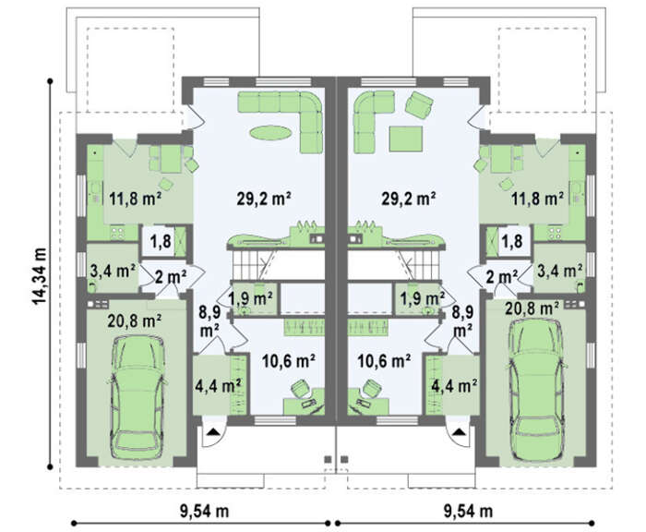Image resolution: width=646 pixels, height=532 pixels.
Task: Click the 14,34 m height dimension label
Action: [x=40, y=276]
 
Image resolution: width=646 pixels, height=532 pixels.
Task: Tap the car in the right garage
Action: [x=535, y=390]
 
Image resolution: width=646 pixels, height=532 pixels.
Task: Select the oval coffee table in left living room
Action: [x=271, y=133]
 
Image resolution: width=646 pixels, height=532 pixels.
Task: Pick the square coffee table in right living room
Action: [x=406, y=139]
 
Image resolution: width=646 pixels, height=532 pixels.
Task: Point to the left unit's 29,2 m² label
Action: [x=264, y=199]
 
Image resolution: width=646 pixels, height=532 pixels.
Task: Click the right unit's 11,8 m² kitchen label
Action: [x=538, y=199]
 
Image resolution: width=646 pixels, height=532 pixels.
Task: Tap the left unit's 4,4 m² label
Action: [x=218, y=386]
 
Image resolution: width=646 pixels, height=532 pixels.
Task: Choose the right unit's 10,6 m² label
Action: [x=384, y=361]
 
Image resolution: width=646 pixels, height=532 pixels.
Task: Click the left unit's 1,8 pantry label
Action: [x=161, y=241]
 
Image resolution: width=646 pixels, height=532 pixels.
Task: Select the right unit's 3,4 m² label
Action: [x=560, y=271]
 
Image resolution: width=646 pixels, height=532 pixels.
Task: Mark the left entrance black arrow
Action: [x=212, y=432]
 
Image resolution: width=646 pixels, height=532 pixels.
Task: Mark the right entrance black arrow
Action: [x=458, y=432]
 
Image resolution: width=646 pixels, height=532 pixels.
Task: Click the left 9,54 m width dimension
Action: [x=204, y=512]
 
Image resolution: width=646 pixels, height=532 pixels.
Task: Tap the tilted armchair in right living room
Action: [x=419, y=104]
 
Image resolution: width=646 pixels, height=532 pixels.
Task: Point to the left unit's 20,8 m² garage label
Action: [x=135, y=320]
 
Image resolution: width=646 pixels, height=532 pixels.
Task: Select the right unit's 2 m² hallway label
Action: [x=502, y=277]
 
